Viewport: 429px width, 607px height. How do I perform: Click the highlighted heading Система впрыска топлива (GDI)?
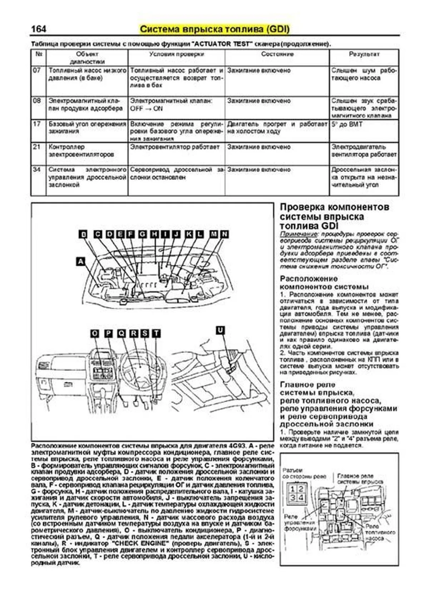214,29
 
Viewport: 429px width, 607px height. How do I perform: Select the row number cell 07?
37,70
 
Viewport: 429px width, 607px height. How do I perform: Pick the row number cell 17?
37,124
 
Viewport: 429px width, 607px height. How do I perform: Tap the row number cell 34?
37,170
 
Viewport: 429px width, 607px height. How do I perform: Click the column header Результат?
364,54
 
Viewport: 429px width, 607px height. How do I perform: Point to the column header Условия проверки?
176,54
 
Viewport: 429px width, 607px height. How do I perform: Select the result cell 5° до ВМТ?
347,124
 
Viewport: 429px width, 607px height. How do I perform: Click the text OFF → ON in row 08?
146,108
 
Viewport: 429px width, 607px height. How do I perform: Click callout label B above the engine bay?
83,234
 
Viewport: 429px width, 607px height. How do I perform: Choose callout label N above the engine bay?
224,234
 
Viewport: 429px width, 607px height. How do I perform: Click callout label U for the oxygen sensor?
221,330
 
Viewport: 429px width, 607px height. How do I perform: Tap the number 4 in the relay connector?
301,497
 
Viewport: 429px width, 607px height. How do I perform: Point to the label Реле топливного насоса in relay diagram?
380,532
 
